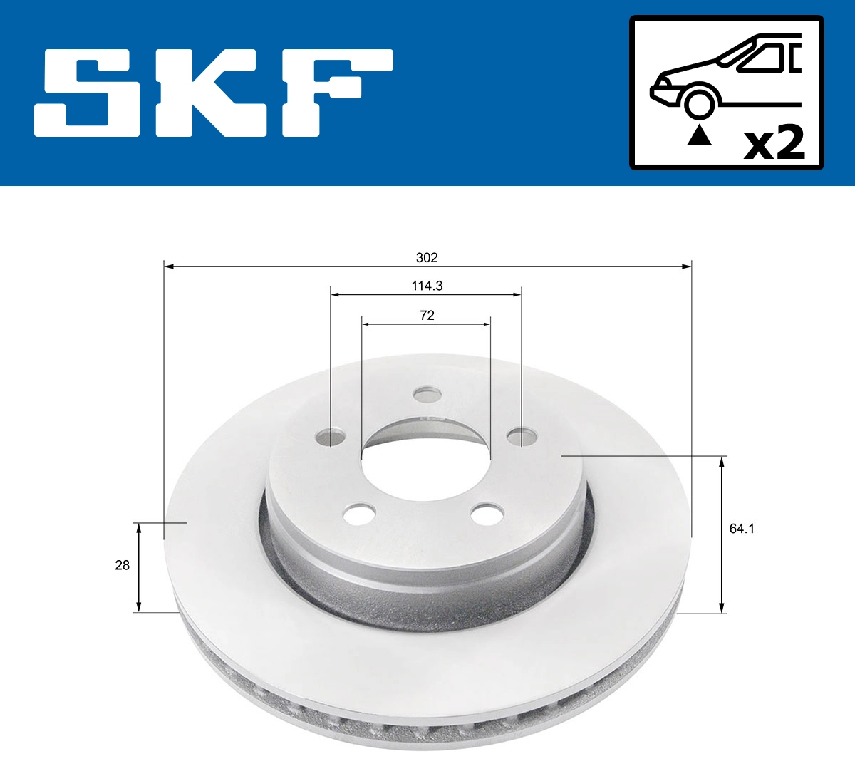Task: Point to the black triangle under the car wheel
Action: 699,135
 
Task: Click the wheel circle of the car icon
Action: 698,103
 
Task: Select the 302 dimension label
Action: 427,257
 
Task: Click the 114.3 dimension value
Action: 427,286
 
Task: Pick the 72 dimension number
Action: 427,315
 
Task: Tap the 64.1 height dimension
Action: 742,529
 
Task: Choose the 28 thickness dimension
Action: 123,565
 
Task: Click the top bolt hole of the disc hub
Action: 427,394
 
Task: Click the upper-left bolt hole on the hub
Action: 331,436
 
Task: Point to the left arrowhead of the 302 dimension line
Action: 169,267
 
